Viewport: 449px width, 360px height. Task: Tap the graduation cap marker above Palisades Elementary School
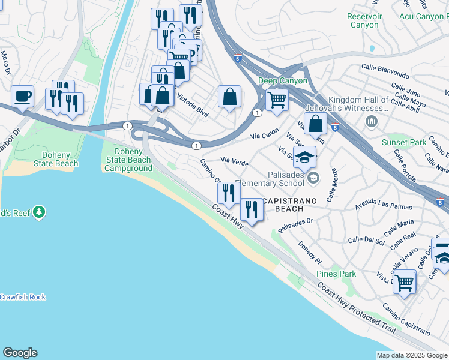(305, 157)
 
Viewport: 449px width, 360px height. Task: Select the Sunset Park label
(404, 142)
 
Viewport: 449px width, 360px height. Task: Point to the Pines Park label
(336, 274)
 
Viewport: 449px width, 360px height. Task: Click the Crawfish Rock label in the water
(22, 297)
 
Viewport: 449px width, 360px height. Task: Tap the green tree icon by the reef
(39, 212)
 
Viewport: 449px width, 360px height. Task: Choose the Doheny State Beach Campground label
(128, 160)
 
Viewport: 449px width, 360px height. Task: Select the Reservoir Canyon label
(364, 20)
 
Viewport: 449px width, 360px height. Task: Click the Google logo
(20, 353)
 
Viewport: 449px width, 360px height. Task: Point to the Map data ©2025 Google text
(412, 355)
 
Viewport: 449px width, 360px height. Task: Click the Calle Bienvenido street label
(385, 72)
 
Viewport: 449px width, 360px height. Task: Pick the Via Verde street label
(235, 161)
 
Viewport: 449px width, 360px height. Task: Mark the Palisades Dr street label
(296, 224)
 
